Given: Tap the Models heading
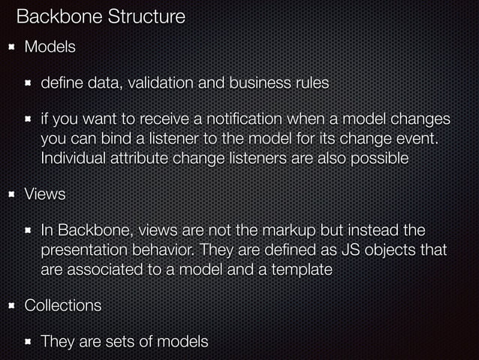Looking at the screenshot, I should pyautogui.click(x=50, y=47).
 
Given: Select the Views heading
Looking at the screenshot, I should pyautogui.click(x=45, y=194).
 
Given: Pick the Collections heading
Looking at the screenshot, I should pyautogui.click(x=63, y=306).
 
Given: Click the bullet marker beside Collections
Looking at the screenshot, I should pyautogui.click(x=11, y=306).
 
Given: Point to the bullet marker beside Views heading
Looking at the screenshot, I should pyautogui.click(x=11, y=194).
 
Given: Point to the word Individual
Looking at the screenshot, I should pyautogui.click(x=75, y=159).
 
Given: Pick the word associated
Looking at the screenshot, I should pyautogui.click(x=104, y=269).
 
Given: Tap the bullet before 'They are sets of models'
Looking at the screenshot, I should pyautogui.click(x=28, y=342).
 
